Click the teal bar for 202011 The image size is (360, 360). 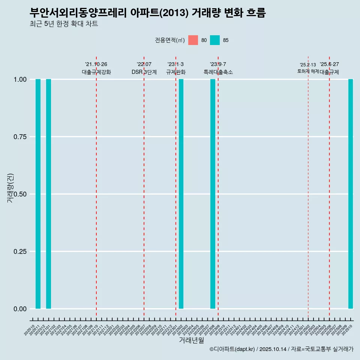pos(38,194)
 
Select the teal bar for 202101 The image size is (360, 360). pos(48,194)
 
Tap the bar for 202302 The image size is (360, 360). pos(181,194)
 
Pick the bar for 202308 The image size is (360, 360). pos(213,194)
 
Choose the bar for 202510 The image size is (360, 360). pos(351,194)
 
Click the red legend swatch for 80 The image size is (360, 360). pos(193,40)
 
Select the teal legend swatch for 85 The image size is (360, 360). pos(215,40)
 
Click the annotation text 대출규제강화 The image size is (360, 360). pos(96,72)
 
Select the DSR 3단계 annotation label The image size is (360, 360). pos(144,72)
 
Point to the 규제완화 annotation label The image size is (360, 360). pos(176,72)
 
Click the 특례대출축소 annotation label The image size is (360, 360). pos(218,72)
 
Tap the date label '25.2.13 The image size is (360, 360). pos(308,65)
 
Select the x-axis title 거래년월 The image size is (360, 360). pos(191,340)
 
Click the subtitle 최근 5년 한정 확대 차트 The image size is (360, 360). pos(64,24)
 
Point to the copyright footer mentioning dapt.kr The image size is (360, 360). pos(281,349)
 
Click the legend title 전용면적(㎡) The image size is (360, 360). pos(169,40)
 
